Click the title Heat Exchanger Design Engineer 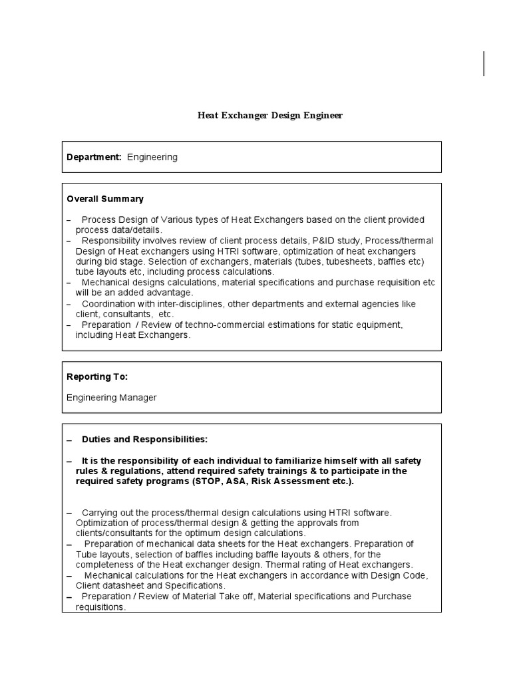pyautogui.click(x=270, y=115)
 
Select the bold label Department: pyautogui.click(x=94, y=157)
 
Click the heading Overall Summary pyautogui.click(x=105, y=199)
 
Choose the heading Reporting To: pyautogui.click(x=97, y=376)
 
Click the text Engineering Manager pyautogui.click(x=112, y=398)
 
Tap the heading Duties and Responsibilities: pyautogui.click(x=144, y=440)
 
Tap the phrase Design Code pyautogui.click(x=399, y=575)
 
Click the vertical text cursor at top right pyautogui.click(x=484, y=64)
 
